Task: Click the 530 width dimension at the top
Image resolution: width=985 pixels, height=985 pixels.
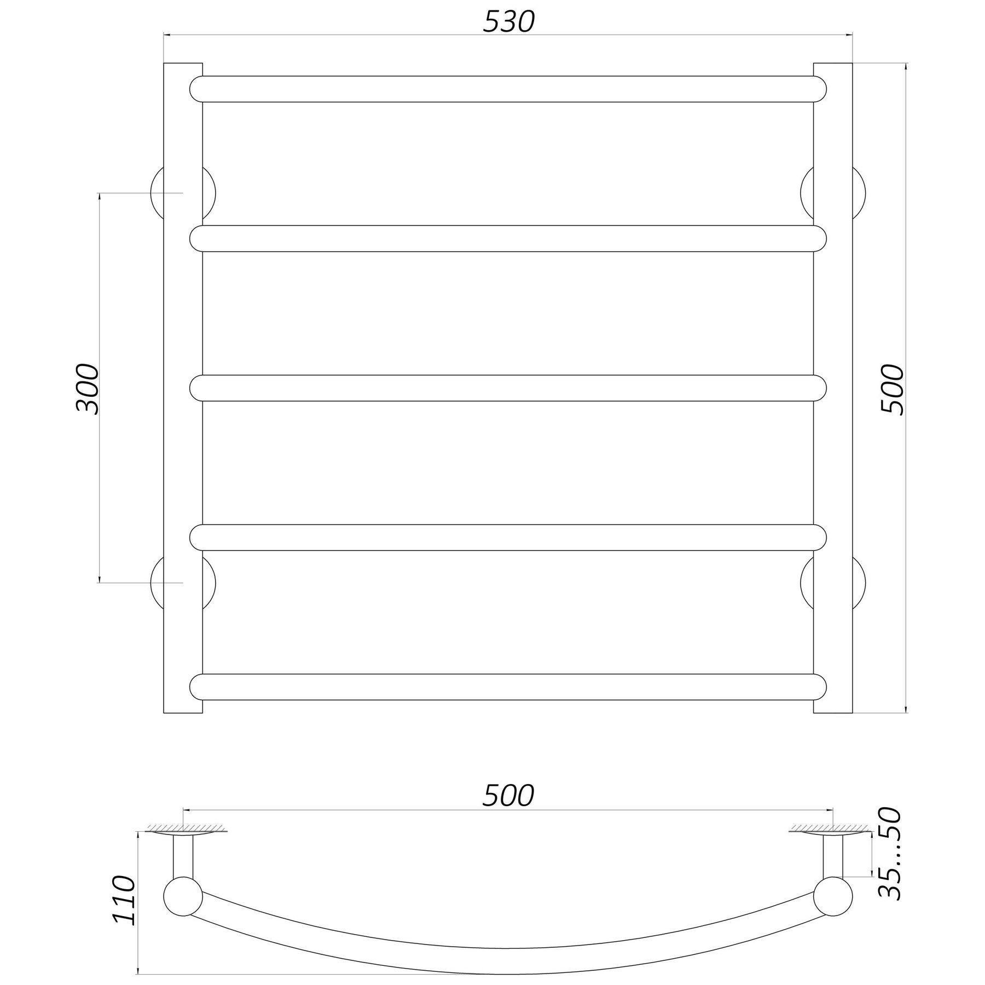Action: click(x=508, y=22)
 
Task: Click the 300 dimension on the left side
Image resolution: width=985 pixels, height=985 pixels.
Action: click(x=88, y=389)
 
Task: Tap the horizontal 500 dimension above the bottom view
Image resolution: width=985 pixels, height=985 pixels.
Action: click(x=508, y=796)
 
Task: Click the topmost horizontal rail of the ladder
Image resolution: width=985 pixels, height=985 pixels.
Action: click(x=508, y=89)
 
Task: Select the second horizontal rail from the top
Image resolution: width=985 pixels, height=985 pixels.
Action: click(x=508, y=239)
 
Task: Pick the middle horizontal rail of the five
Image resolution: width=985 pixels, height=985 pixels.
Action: click(x=508, y=388)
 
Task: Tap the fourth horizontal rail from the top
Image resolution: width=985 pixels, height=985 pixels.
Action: click(x=508, y=537)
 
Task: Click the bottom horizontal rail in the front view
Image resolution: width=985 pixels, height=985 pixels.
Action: click(x=508, y=687)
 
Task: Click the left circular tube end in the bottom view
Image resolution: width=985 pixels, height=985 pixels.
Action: click(x=183, y=898)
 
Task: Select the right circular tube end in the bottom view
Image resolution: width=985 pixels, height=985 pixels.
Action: click(x=833, y=898)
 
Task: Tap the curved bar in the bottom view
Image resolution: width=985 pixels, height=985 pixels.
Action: click(x=508, y=947)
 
